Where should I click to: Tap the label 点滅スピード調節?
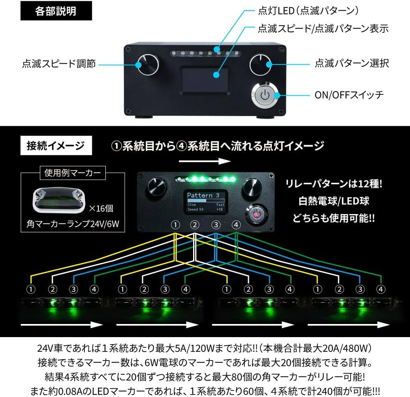[x=59, y=64]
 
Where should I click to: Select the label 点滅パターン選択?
[x=352, y=64]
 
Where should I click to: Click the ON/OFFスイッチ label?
[x=349, y=95]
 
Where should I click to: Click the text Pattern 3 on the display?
[x=203, y=195]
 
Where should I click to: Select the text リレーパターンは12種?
[x=334, y=184]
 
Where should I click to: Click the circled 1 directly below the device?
[x=175, y=225]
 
